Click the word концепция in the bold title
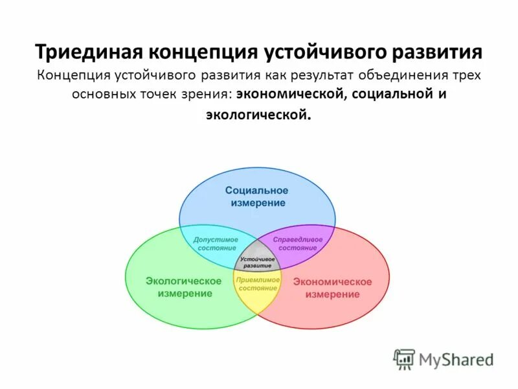point(202,52)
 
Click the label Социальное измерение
point(257,196)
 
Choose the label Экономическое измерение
point(332,288)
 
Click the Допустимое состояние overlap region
point(216,243)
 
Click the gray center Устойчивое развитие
point(257,261)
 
